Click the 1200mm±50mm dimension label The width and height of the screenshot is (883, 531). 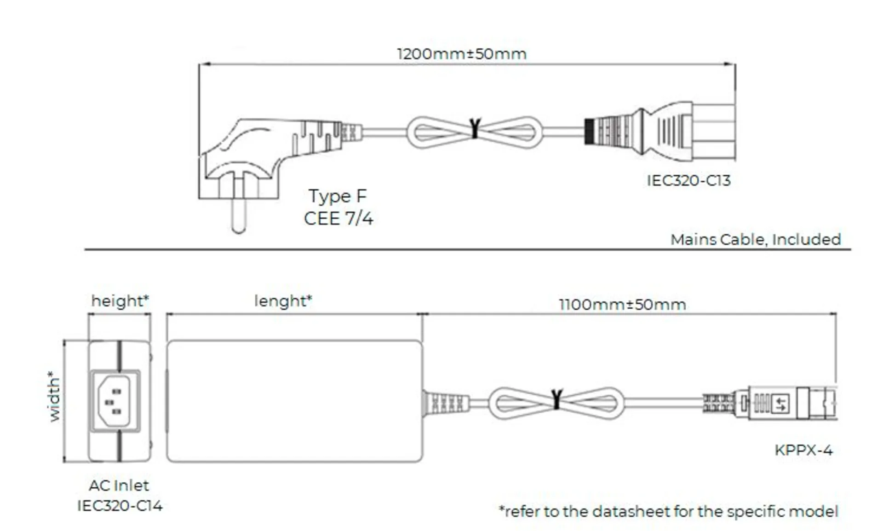pos(461,54)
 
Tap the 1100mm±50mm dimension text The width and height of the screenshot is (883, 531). pos(622,304)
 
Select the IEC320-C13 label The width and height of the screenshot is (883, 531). pos(688,180)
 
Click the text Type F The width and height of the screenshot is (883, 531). pos(338,196)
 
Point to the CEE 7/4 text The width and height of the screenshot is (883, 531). pos(338,218)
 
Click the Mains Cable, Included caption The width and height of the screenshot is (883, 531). pos(755,239)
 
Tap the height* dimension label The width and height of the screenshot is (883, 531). pos(120,301)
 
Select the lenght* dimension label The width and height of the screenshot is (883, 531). pos(283,301)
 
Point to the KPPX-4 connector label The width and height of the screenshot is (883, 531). pos(803,450)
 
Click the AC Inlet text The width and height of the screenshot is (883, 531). pos(119,485)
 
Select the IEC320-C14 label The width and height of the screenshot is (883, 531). pos(120,506)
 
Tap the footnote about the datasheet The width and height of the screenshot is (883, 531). pos(668,511)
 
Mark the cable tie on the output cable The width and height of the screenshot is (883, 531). pos(556,399)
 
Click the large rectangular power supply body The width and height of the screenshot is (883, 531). pos(294,401)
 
